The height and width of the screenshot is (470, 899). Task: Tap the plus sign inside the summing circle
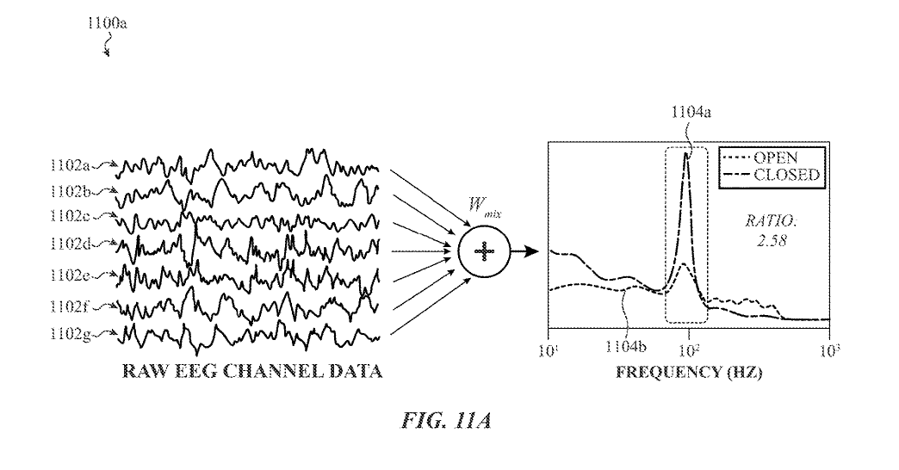point(485,251)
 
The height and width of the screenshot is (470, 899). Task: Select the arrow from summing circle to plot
point(525,251)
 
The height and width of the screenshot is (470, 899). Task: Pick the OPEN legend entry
point(774,158)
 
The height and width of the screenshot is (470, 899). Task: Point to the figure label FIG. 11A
point(449,424)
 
